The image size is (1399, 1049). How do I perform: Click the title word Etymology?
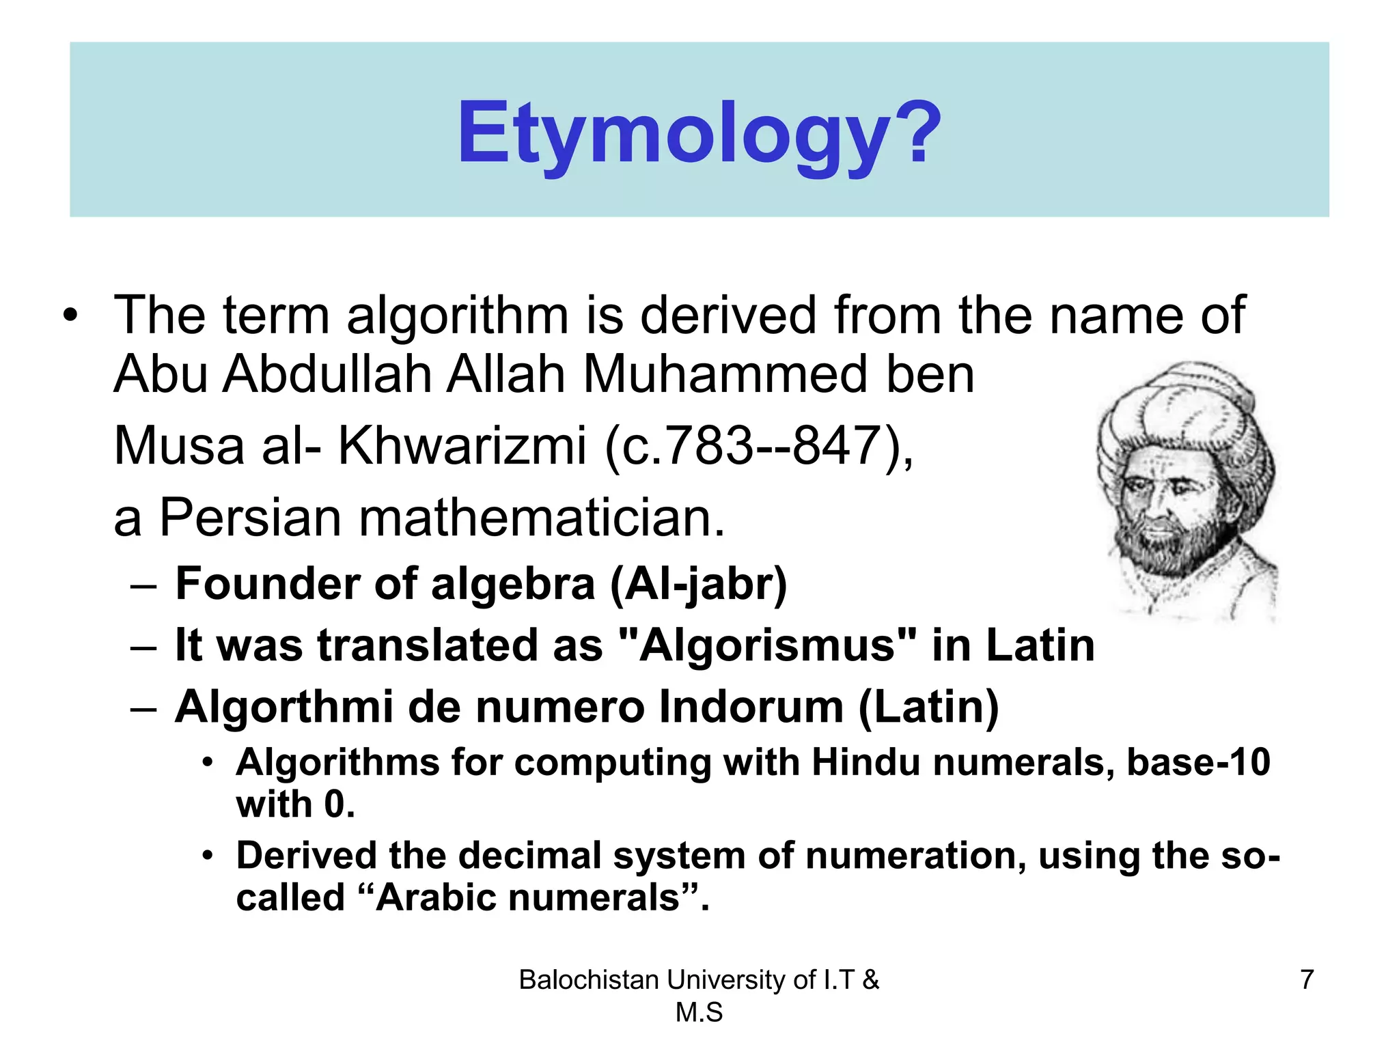coord(699,133)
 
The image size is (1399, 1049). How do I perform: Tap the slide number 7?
coord(1307,979)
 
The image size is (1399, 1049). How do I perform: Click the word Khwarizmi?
coord(462,446)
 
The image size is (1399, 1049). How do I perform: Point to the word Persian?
coord(250,518)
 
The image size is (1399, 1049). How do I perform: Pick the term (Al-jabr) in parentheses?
coord(698,585)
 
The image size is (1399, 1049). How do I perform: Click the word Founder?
coord(266,585)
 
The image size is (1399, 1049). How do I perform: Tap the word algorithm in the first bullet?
coord(457,316)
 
